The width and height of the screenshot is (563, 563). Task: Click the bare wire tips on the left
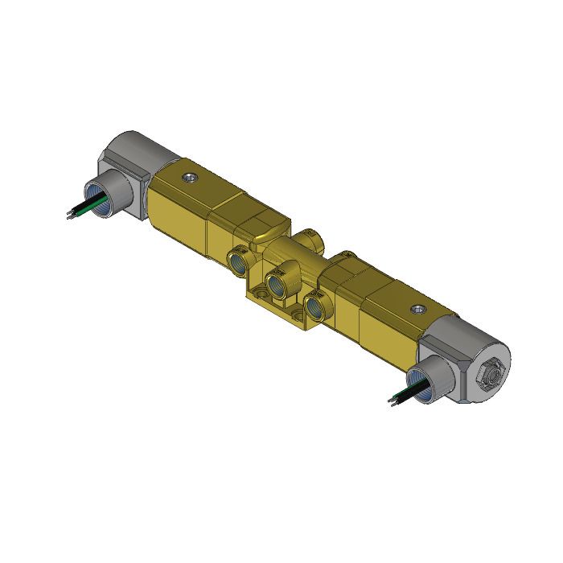(68, 215)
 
